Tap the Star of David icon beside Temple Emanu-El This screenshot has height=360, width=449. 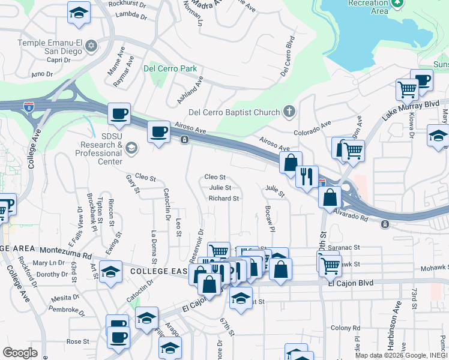92,45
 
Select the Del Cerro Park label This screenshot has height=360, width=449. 170,68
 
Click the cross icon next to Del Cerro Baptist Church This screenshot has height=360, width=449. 289,112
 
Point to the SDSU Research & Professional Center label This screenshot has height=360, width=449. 98,145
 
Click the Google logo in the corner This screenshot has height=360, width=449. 20,352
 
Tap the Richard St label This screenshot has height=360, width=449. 224,198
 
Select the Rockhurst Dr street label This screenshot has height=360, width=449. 127,3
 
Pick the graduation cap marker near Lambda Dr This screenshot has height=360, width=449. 78,14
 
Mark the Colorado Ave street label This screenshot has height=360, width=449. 312,131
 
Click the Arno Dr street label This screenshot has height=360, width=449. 42,74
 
